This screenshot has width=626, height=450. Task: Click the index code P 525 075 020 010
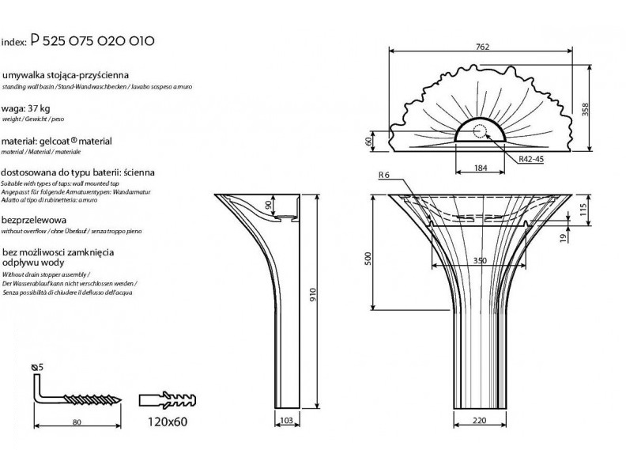coord(91,40)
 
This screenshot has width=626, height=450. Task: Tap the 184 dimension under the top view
coord(482,168)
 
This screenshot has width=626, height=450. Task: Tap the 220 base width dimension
coord(479,421)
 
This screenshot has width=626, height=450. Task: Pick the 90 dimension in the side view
coord(269,206)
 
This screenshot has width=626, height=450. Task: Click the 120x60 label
coord(167,421)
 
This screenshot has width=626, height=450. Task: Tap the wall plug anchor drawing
coord(167,399)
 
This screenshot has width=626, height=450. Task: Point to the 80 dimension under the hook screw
coord(77,422)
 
